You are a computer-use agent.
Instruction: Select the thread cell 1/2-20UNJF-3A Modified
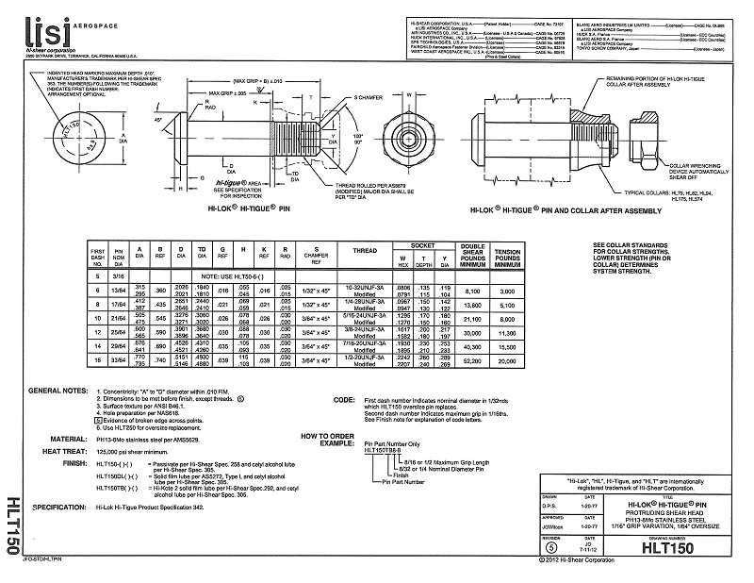click(x=364, y=361)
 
